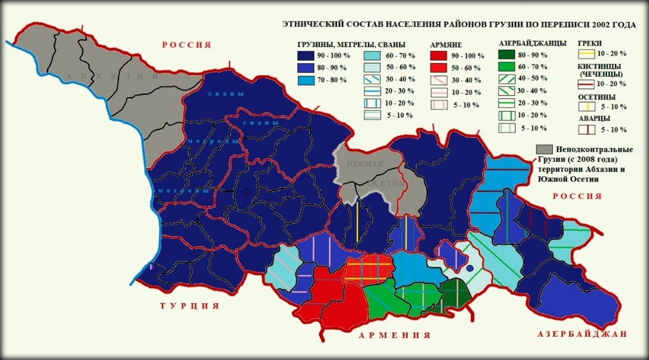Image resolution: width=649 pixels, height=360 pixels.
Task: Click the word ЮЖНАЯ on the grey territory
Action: (365, 164)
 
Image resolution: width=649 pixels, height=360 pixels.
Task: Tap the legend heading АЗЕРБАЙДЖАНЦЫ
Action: (532, 43)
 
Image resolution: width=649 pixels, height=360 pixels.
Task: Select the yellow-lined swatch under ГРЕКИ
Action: (586, 54)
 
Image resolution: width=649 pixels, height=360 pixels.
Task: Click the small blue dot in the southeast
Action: (470, 268)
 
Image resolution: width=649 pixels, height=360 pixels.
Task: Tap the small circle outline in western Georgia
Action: (247, 191)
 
